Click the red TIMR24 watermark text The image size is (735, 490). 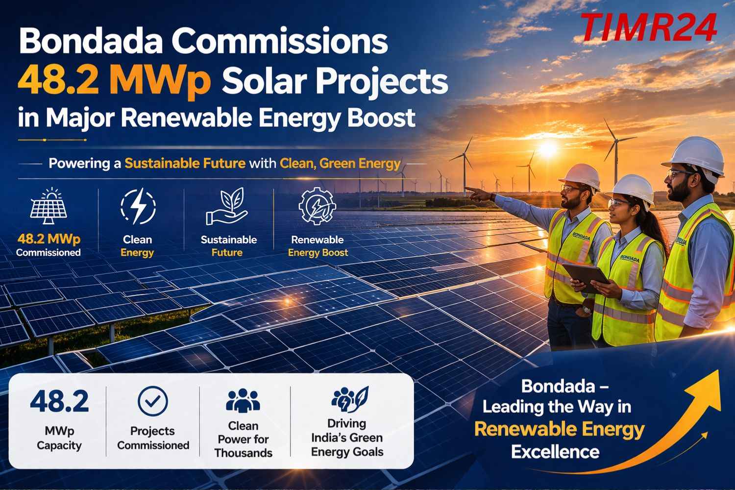(x=650, y=27)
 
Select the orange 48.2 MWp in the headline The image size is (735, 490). (x=114, y=81)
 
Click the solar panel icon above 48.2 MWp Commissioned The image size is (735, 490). (x=49, y=207)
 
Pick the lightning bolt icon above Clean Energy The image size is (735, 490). (x=138, y=207)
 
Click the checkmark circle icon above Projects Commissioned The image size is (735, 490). (x=152, y=401)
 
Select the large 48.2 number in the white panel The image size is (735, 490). (x=59, y=401)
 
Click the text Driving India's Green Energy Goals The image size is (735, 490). (x=347, y=438)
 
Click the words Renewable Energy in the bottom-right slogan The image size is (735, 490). (x=559, y=429)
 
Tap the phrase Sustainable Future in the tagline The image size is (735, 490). (x=185, y=163)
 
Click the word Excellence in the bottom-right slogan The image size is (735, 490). (x=555, y=451)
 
